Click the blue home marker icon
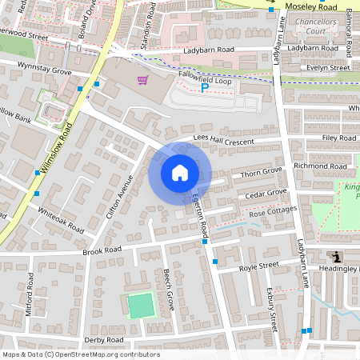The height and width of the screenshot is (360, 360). pos(180,173)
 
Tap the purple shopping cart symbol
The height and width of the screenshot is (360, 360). pos(142,80)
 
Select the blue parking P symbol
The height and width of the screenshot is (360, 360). pos(203,87)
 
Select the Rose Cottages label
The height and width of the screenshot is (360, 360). pos(273,213)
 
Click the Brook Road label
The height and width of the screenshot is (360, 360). pos(102,251)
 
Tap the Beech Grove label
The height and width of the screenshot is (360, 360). pos(169,290)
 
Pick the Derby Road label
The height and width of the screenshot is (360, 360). pos(103,340)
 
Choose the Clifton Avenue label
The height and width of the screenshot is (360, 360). pos(118,198)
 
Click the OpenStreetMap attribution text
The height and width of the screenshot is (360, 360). pos(80,354)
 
